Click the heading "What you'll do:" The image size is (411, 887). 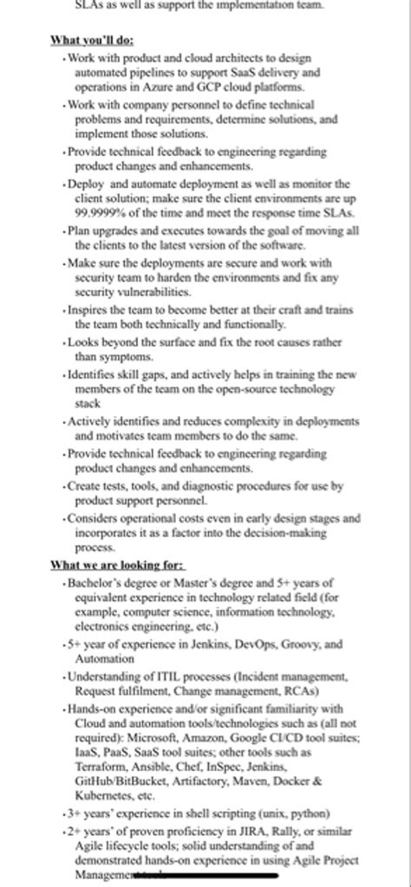tap(92, 40)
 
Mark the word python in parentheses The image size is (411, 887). tap(309, 814)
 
